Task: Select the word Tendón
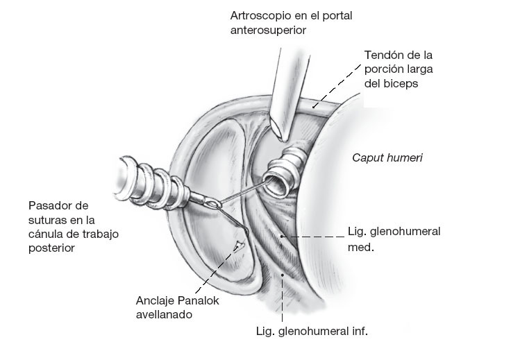pyautogui.click(x=384, y=55)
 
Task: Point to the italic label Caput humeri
pyautogui.click(x=387, y=158)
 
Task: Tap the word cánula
pyautogui.click(x=46, y=233)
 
